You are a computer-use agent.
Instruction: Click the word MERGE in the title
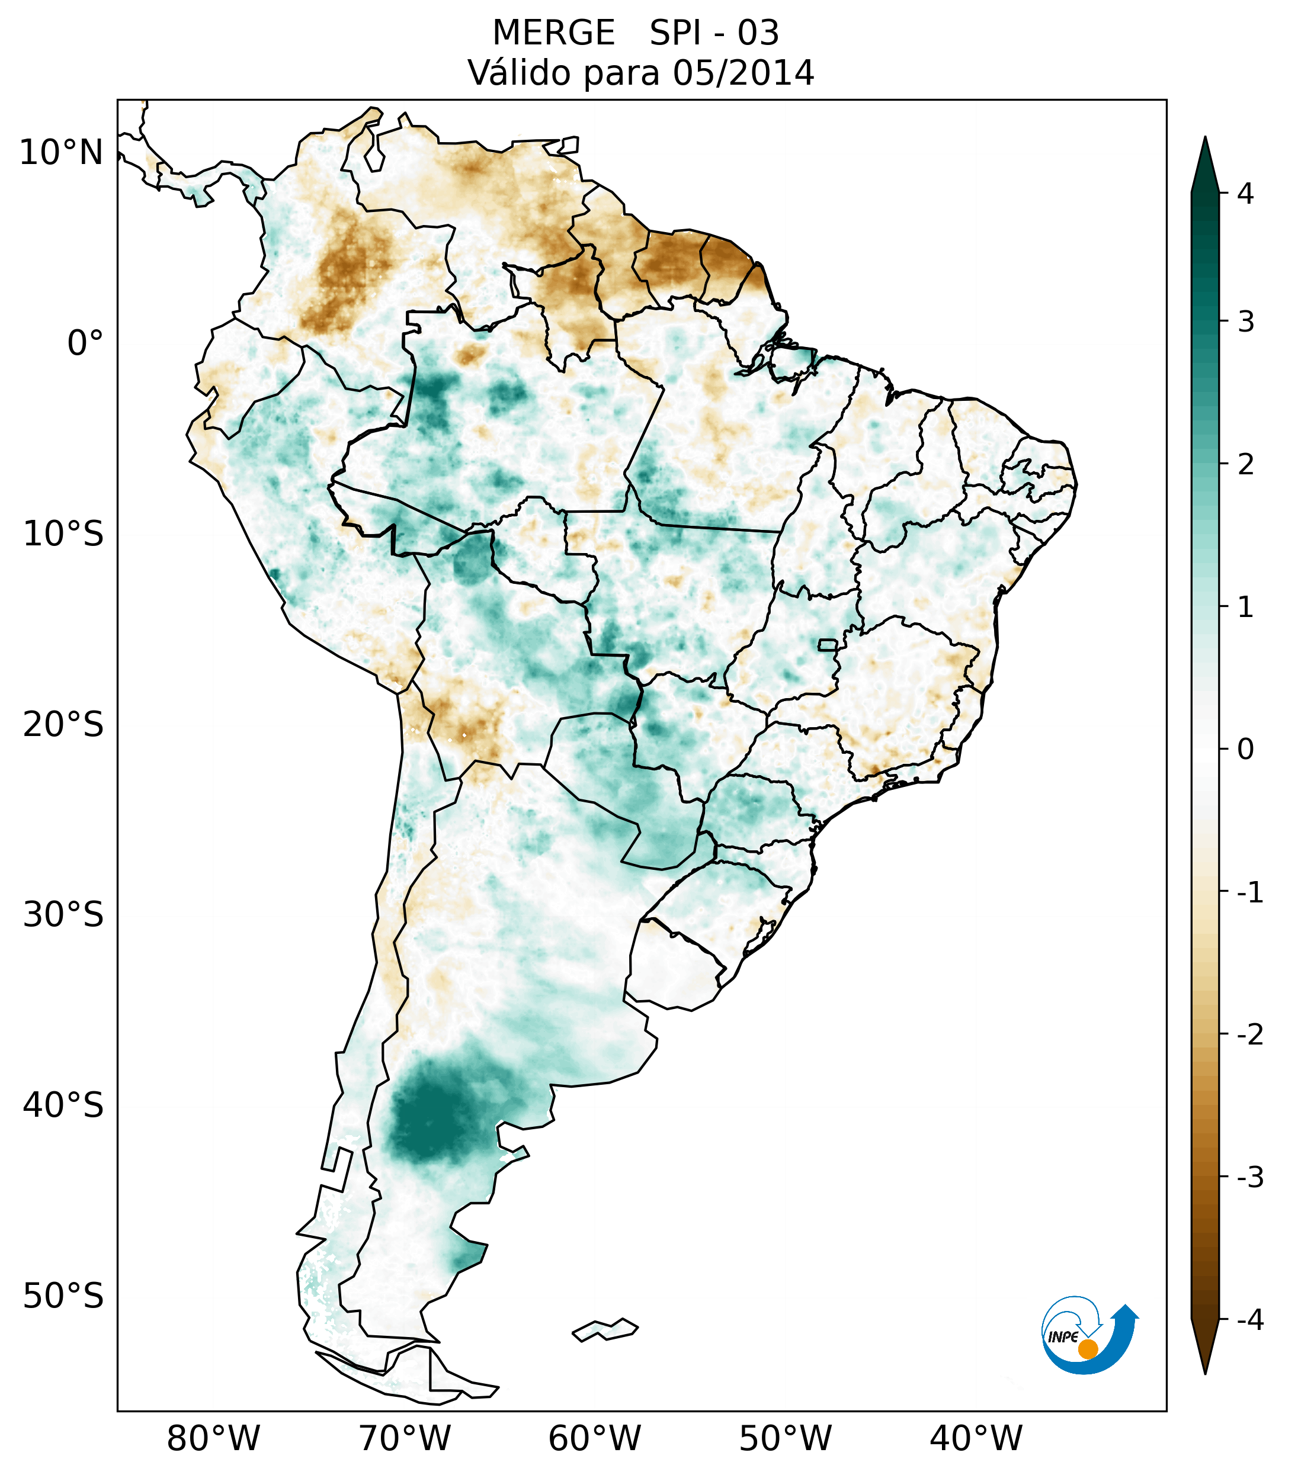[554, 33]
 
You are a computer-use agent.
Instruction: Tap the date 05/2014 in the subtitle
[743, 73]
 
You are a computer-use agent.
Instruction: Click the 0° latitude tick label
[85, 343]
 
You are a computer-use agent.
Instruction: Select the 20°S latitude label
[63, 725]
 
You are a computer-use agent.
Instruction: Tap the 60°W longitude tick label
[594, 1438]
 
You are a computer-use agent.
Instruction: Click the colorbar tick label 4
[1245, 194]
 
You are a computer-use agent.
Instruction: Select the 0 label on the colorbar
[1245, 750]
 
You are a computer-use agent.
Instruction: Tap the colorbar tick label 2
[1245, 465]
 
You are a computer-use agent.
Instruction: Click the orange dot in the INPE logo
[1087, 1349]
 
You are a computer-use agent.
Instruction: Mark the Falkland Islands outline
[605, 1329]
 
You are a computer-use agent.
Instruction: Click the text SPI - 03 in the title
[714, 33]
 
